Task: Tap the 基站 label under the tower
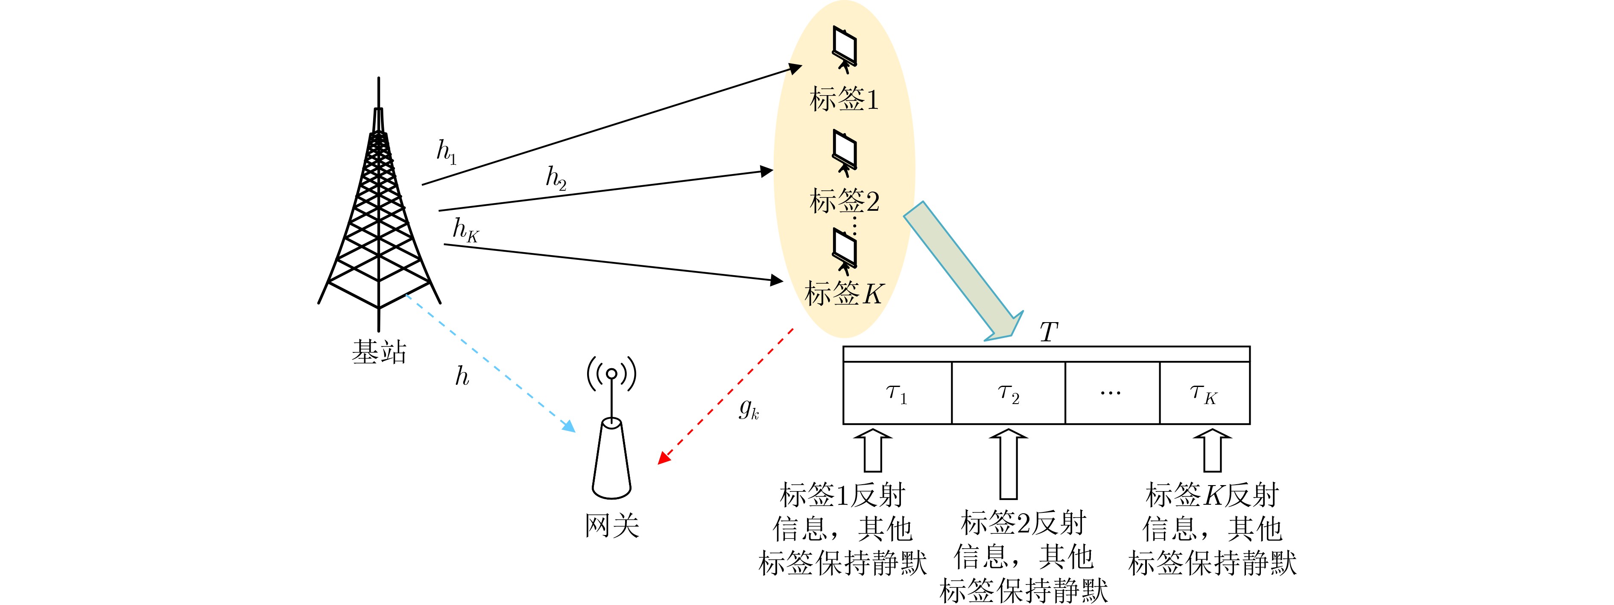379,352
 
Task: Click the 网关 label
611,525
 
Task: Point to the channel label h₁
446,152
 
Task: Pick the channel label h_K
465,230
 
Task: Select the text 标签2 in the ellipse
844,201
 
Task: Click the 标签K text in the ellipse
844,293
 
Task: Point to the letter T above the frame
1048,332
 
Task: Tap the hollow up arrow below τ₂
1008,463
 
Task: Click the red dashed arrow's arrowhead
663,459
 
